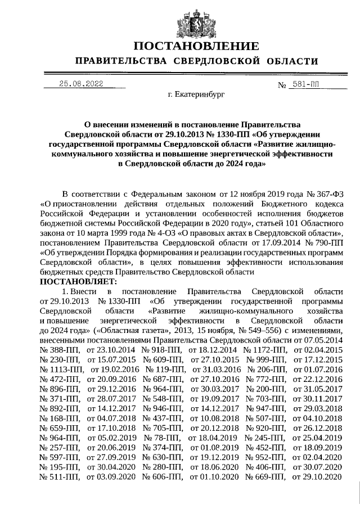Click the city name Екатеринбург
pyautogui.click(x=196, y=95)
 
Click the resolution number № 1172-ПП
pyautogui.click(x=262, y=350)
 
